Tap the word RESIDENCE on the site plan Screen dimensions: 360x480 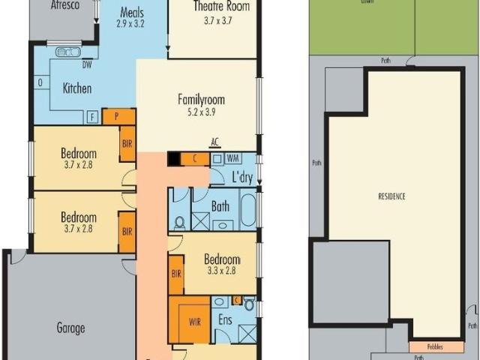coord(391,196)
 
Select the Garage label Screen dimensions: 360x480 coord(70,328)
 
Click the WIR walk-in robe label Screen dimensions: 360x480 coord(195,322)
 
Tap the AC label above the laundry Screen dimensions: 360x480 coord(214,142)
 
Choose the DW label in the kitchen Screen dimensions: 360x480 coord(87,64)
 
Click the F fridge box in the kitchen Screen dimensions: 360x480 coord(92,117)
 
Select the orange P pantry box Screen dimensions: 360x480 coord(118,116)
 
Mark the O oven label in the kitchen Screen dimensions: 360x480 coord(39,82)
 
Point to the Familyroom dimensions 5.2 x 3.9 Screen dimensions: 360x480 coord(201,112)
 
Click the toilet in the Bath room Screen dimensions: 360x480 coord(180,222)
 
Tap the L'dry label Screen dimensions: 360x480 coord(241,178)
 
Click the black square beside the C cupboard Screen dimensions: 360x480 coord(174,159)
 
